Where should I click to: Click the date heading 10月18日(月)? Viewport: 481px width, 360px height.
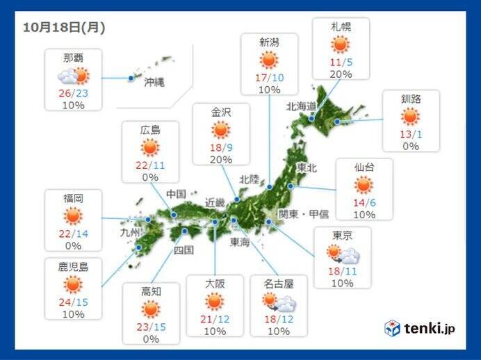click(x=64, y=27)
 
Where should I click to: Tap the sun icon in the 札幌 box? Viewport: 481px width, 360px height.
click(x=340, y=46)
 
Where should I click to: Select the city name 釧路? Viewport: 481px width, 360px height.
click(x=410, y=99)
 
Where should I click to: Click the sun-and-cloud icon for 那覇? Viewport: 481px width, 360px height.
click(x=74, y=76)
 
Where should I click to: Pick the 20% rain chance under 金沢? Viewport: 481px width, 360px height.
click(x=220, y=158)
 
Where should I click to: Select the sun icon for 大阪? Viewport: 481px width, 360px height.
click(x=215, y=302)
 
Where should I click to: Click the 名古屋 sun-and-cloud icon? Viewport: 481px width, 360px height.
click(x=279, y=302)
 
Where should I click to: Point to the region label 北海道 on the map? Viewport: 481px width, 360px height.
click(x=301, y=106)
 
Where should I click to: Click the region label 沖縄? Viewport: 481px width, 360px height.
click(x=154, y=81)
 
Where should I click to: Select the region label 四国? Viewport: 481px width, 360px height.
click(x=183, y=249)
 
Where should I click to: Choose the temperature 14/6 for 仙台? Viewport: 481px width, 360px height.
click(x=364, y=202)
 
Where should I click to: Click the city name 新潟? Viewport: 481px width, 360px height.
click(x=269, y=42)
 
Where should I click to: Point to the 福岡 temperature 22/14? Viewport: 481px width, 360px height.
click(x=73, y=232)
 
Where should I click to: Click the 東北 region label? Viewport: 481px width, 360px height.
click(x=307, y=168)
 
